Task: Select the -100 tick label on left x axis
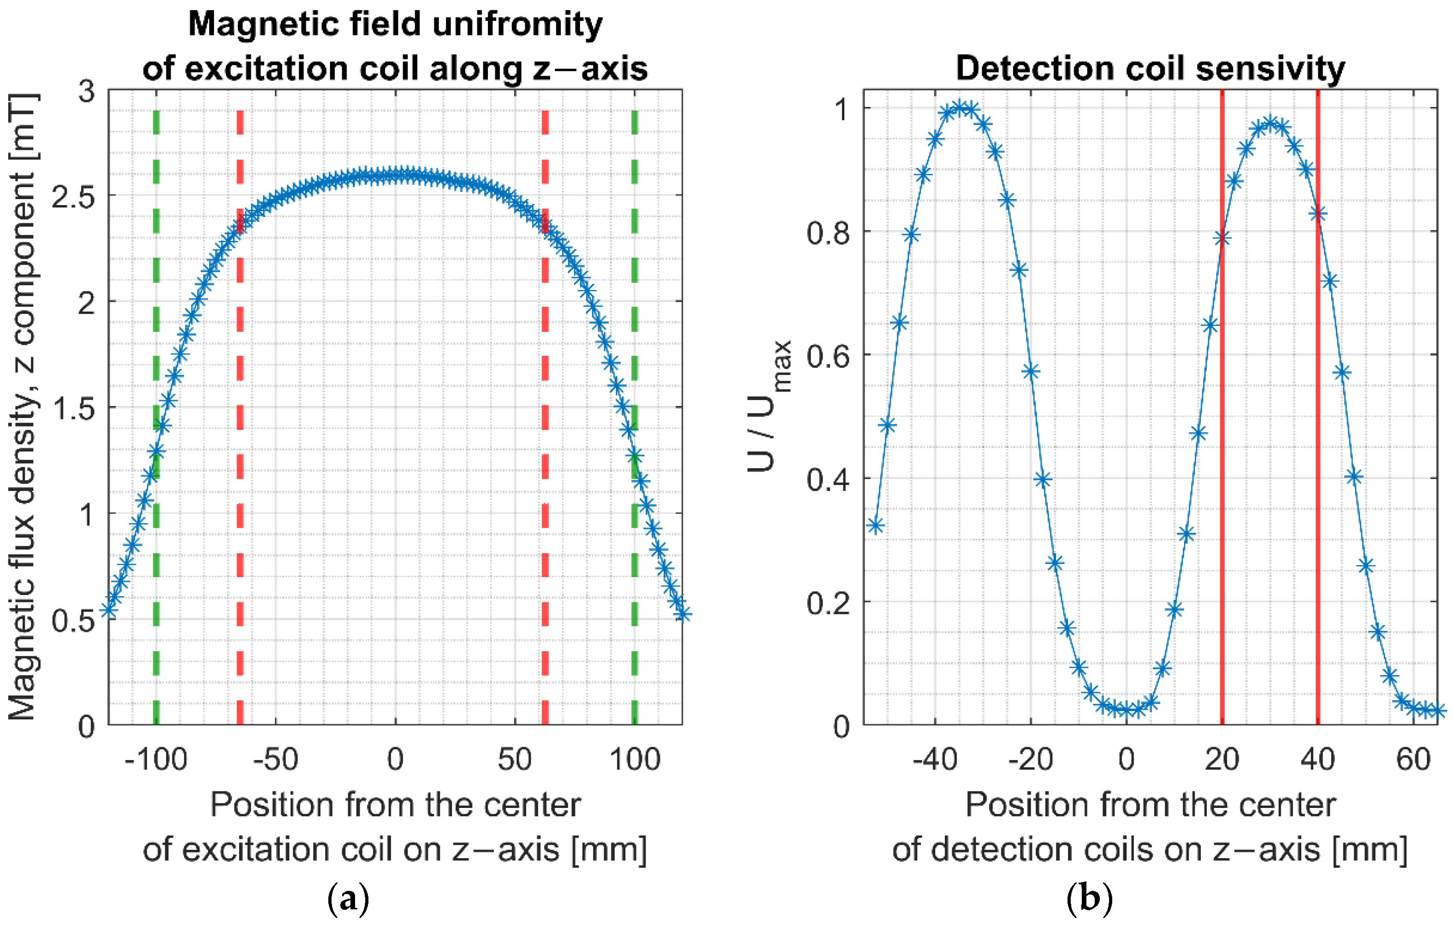pos(156,759)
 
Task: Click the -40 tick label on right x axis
pos(935,759)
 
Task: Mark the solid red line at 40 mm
pos(1317,422)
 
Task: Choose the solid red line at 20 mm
pos(1222,422)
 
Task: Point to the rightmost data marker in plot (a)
pos(682,614)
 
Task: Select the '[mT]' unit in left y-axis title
pos(25,127)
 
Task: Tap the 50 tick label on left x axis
pos(514,759)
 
